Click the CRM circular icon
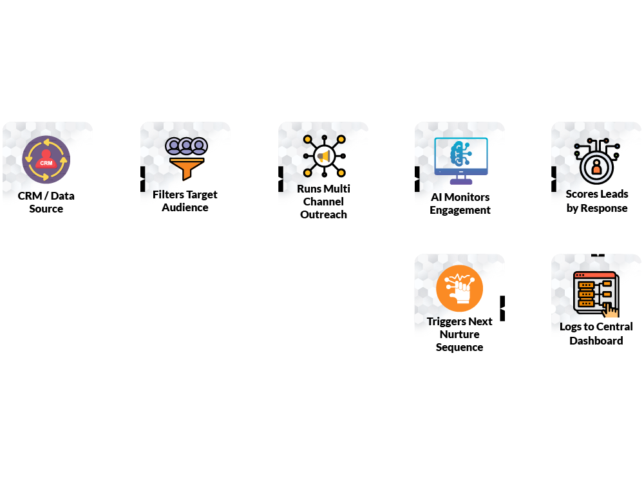pos(46,160)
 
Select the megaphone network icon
pos(324,156)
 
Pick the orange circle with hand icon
pos(459,289)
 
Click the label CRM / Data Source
pos(46,202)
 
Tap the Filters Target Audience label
pos(185,201)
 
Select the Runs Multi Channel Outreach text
pos(323,202)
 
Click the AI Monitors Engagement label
pos(460,204)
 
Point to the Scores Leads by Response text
pos(597,201)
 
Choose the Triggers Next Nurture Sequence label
pos(459,334)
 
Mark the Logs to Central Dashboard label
pos(596,334)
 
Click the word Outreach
pos(323,214)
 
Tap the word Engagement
pos(460,210)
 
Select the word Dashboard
pos(596,341)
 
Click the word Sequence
pos(459,347)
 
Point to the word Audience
pos(185,207)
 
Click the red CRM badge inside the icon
pos(46,164)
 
